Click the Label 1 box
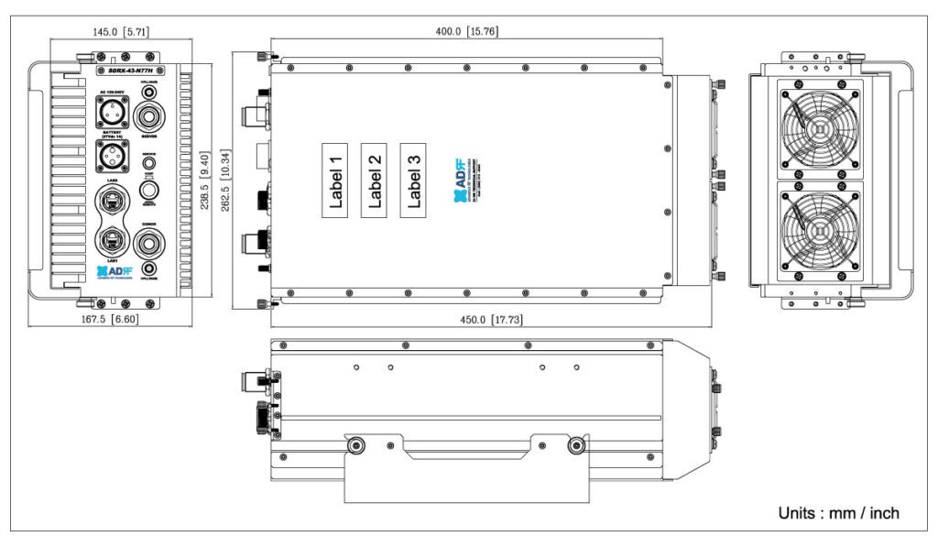335,181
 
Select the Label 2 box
375,181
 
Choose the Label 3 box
414,181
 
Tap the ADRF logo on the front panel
114,272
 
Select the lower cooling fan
819,229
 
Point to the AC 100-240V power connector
113,115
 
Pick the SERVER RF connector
149,118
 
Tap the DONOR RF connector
149,245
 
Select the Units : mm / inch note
838,513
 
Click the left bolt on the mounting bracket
354,445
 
